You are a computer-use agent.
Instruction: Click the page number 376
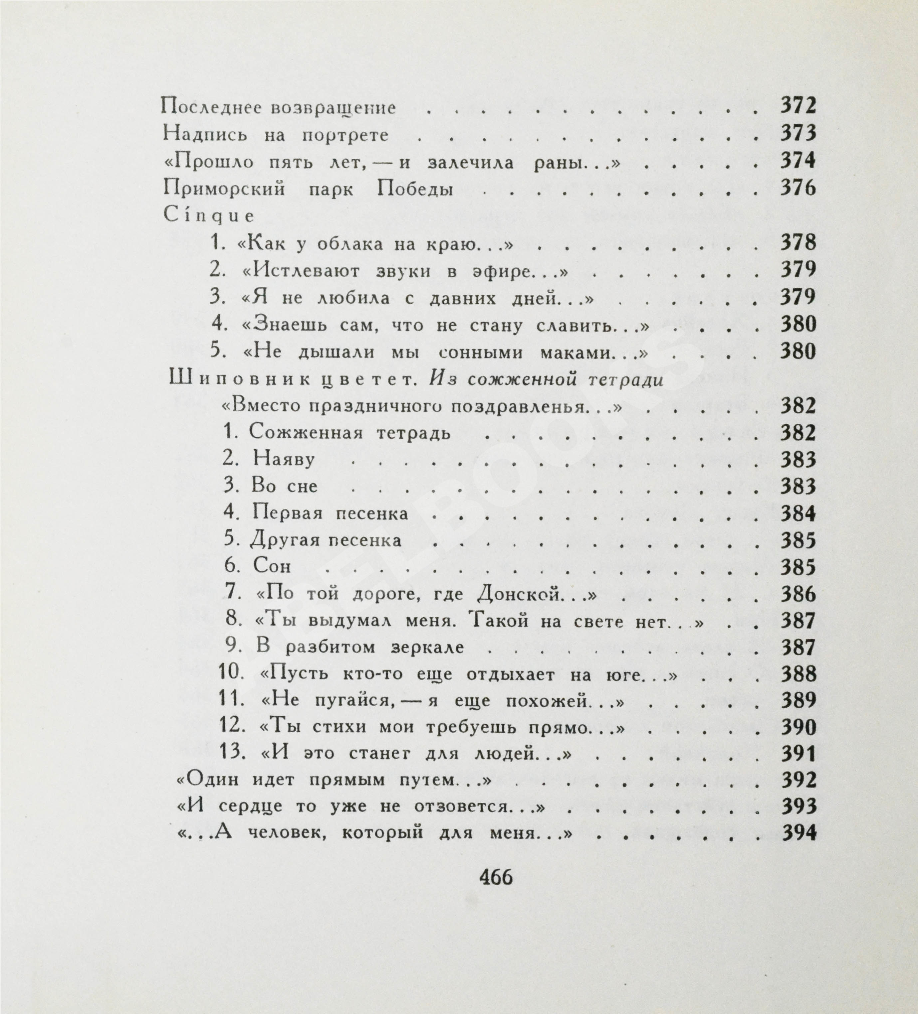[798, 189]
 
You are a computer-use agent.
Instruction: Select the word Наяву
[284, 459]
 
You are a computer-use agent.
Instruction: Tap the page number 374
[798, 161]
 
